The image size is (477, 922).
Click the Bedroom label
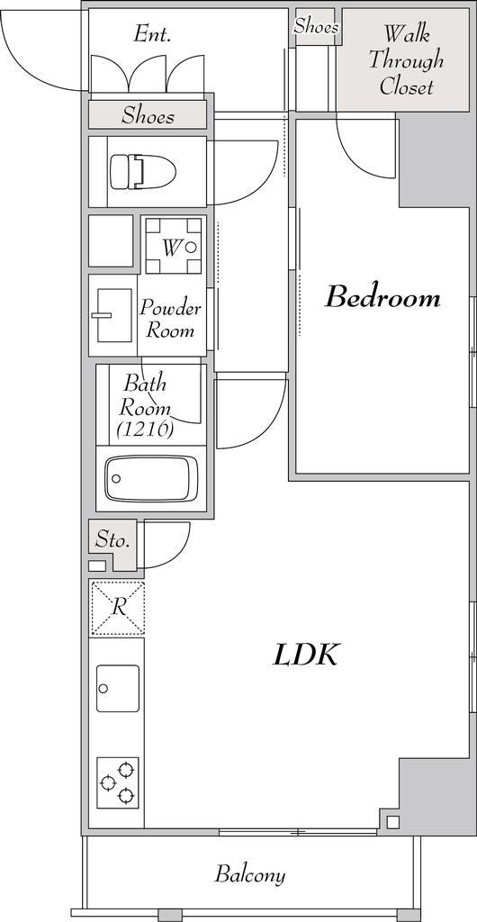point(382,297)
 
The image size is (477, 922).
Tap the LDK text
point(305,655)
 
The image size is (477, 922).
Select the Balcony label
point(249,873)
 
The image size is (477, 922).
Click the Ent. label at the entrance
point(152,33)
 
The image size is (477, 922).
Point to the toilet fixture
point(143,172)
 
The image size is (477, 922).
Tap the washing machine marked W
point(174,246)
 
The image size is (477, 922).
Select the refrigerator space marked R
point(117,608)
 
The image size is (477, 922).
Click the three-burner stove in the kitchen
point(118,782)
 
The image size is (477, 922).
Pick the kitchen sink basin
point(118,689)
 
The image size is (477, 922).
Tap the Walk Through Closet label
point(406,60)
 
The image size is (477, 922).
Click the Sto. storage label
point(112,539)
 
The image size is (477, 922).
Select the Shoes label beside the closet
point(316,26)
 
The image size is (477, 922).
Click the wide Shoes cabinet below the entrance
point(148,115)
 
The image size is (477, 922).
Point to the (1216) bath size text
point(145,429)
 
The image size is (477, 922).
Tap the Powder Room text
point(170,320)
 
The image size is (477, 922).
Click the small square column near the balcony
point(393,821)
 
